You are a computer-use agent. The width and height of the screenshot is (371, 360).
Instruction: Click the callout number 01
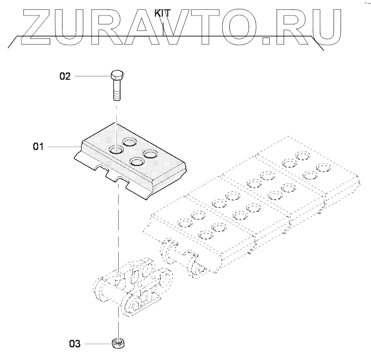pyautogui.click(x=38, y=147)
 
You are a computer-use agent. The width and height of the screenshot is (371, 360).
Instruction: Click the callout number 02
pyautogui.click(x=65, y=76)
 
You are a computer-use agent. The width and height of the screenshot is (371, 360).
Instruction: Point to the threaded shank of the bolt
pyautogui.click(x=116, y=91)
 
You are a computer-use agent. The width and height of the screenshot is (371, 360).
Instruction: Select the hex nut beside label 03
pyautogui.click(x=117, y=344)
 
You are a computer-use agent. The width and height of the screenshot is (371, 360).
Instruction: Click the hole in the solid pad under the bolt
pyautogui.click(x=115, y=150)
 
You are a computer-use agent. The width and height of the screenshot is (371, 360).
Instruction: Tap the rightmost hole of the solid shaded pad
pyautogui.click(x=150, y=153)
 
